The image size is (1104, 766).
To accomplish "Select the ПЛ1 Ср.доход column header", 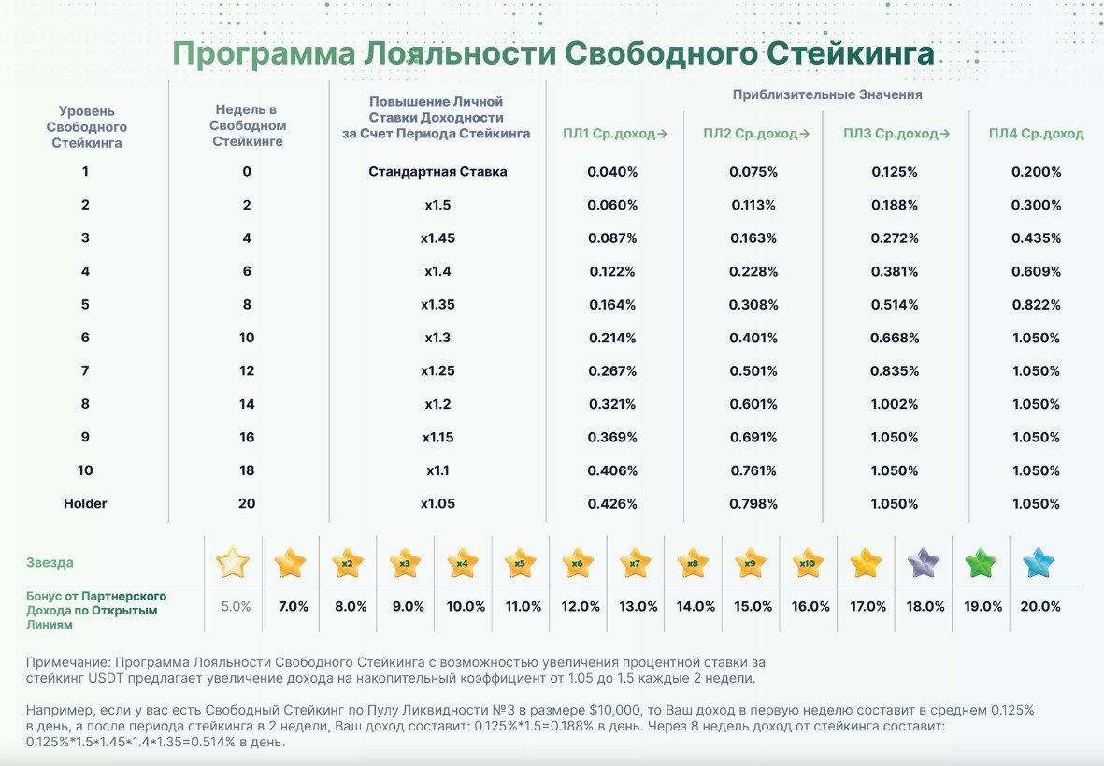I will [614, 134].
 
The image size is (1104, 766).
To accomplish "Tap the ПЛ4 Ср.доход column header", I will [1036, 134].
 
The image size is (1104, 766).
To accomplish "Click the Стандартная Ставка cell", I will [437, 172].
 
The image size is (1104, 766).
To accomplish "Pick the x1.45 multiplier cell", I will [437, 238].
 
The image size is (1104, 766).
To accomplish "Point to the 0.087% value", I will [612, 238].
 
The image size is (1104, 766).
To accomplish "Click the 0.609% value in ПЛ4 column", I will [1036, 271].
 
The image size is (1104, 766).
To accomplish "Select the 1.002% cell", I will [895, 404].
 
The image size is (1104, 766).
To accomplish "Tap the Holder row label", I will [85, 503].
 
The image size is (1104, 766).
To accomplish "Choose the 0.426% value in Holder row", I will [612, 503].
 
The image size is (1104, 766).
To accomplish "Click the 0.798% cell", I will [753, 503].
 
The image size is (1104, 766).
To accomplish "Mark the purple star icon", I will [924, 563].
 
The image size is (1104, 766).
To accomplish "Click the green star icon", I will [982, 563].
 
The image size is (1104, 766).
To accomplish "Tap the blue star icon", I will [1039, 563].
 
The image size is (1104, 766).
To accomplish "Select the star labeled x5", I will [520, 563].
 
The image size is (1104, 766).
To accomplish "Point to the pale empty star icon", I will [233, 563].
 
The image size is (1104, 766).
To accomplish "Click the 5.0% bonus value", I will [236, 606].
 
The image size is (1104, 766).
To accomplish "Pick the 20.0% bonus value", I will [1040, 606].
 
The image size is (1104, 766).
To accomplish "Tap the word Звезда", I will [49, 563].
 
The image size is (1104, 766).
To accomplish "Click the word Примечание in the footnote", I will [66, 662].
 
